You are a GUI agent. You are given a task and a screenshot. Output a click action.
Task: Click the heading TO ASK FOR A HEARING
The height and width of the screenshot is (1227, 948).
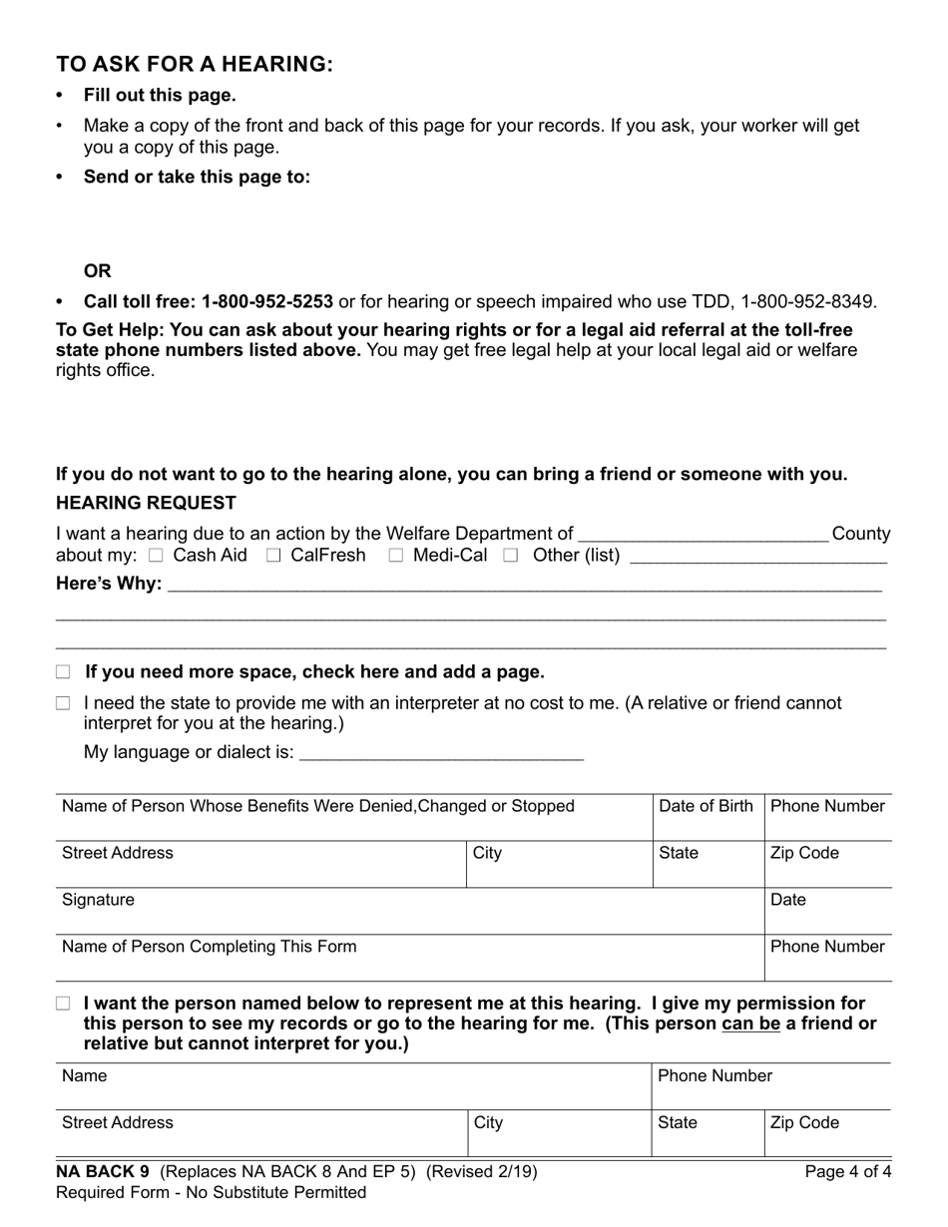195,64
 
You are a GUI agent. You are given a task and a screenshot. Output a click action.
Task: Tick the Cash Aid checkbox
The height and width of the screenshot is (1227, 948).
155,556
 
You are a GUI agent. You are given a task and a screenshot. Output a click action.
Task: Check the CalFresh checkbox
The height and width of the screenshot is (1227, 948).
273,556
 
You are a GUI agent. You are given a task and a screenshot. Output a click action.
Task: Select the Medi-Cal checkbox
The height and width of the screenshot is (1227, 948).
395,556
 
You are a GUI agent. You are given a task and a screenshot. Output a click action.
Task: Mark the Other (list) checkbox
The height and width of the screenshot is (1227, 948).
511,556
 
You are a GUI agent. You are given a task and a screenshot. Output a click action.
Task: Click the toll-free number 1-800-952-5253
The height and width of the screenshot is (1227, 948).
266,301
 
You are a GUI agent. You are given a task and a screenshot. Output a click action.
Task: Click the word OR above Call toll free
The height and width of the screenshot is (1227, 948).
97,271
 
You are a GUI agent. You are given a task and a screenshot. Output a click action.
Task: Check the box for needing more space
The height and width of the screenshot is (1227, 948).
64,672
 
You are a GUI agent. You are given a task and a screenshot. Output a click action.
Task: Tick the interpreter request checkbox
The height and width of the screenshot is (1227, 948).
64,703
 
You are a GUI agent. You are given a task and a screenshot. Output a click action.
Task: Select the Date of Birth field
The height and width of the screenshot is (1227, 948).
707,818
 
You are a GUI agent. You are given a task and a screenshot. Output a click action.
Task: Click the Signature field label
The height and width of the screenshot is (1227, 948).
98,900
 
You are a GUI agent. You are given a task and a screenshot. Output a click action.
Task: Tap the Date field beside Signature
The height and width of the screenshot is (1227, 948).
827,912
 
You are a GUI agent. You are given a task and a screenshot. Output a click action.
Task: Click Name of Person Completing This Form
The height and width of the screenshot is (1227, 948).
209,947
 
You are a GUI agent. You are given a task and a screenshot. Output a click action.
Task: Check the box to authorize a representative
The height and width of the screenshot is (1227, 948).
64,1004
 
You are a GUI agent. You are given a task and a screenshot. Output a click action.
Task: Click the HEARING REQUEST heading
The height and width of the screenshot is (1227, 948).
146,503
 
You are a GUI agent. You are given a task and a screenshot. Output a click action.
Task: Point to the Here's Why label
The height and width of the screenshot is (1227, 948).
109,584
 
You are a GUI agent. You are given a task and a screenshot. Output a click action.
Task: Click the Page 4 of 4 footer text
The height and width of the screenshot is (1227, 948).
847,1172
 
